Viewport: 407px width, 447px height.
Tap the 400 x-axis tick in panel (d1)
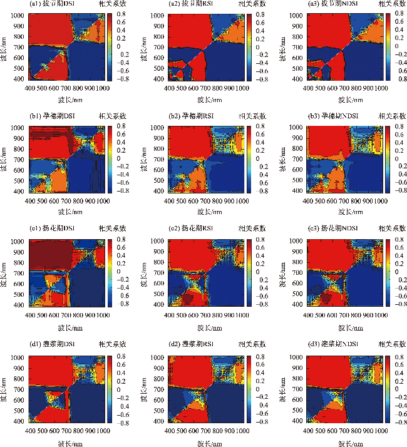(29, 431)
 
